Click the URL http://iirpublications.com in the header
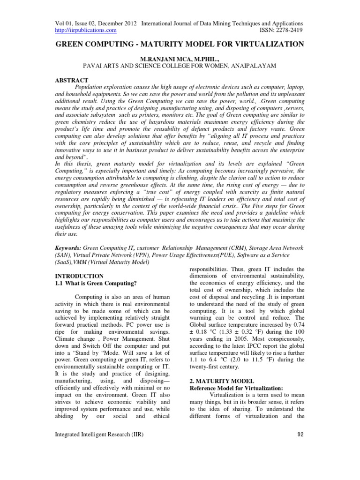tap(86, 30)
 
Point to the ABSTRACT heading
tap(72, 81)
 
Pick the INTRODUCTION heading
tap(80, 276)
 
